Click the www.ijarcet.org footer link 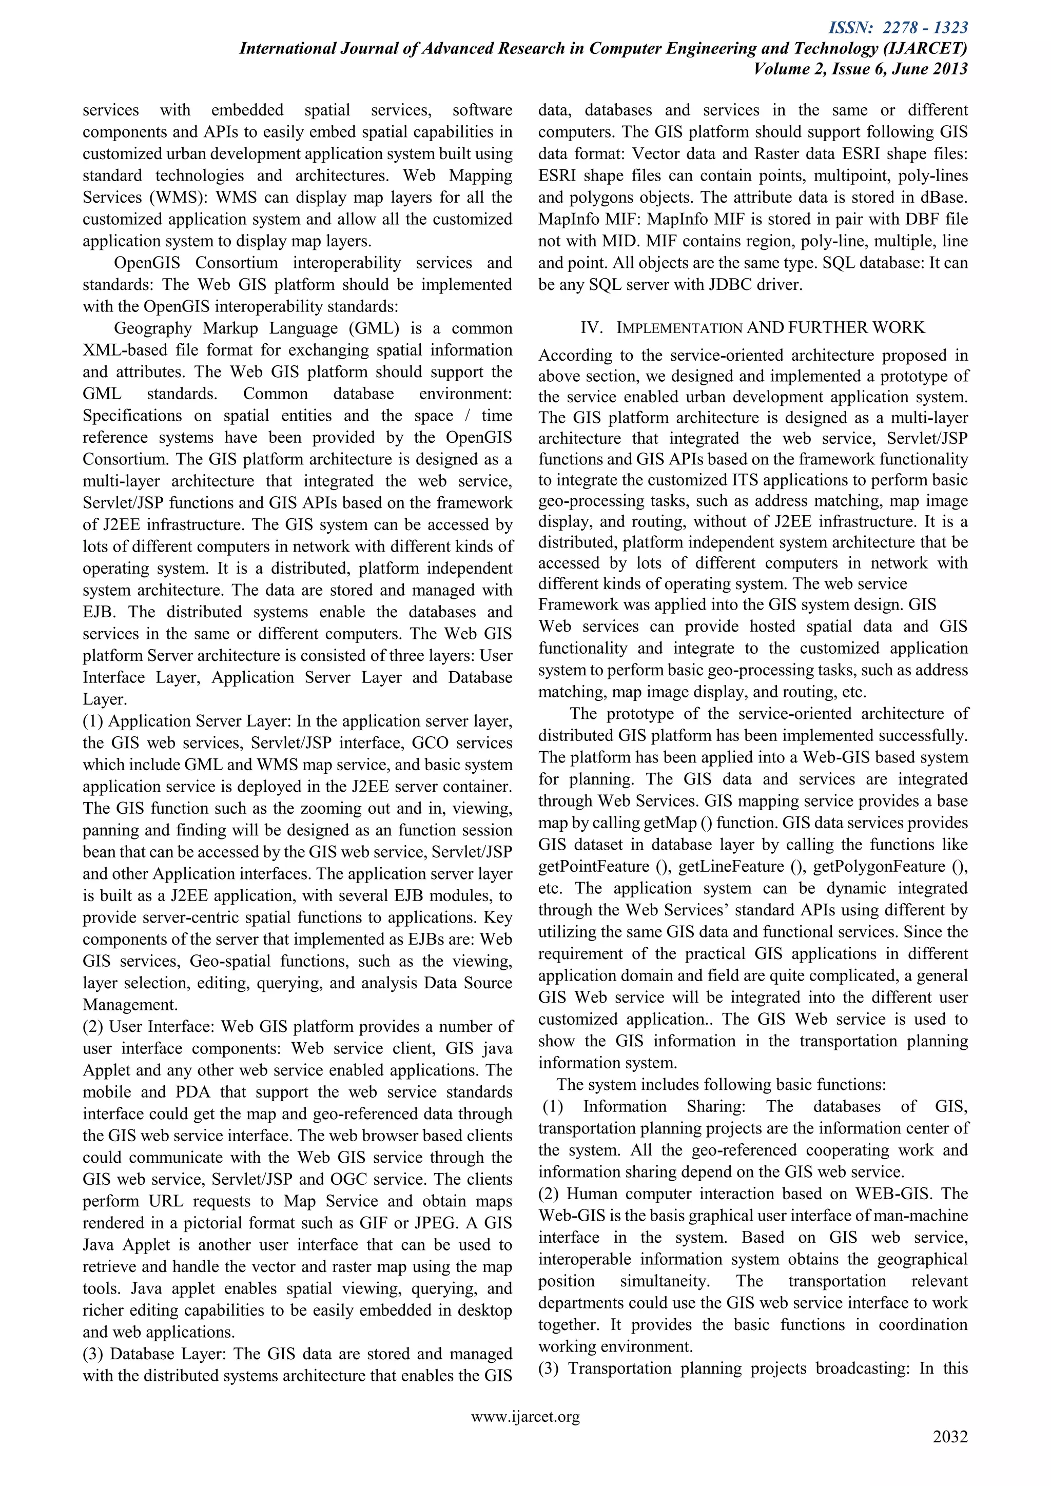525,1417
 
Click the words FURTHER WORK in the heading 856,327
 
